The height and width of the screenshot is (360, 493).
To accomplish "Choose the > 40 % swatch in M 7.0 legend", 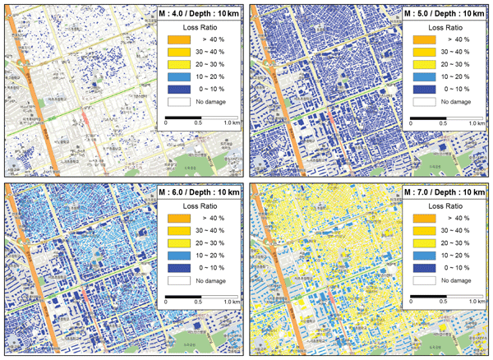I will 426,219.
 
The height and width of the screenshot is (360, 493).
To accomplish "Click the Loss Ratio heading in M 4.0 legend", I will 199,25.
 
